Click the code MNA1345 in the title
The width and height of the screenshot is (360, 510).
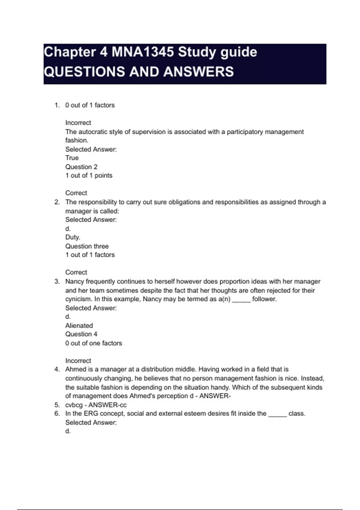[x=143, y=52]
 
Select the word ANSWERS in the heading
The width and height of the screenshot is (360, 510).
[x=199, y=72]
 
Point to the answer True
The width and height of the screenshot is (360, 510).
[x=72, y=158]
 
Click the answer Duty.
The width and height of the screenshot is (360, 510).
[x=73, y=237]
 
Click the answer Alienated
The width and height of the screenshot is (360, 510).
[x=79, y=325]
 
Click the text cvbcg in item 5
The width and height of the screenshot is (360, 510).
[x=74, y=405]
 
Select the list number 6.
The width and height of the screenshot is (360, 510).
[x=57, y=413]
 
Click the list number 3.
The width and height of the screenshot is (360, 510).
[x=57, y=281]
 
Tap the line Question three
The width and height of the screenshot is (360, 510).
[x=87, y=246]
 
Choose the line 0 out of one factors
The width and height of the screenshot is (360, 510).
[x=94, y=343]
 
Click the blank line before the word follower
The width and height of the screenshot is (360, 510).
[x=241, y=300]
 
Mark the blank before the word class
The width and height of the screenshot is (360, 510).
[x=277, y=415]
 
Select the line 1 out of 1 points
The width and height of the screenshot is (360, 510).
[x=89, y=175]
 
